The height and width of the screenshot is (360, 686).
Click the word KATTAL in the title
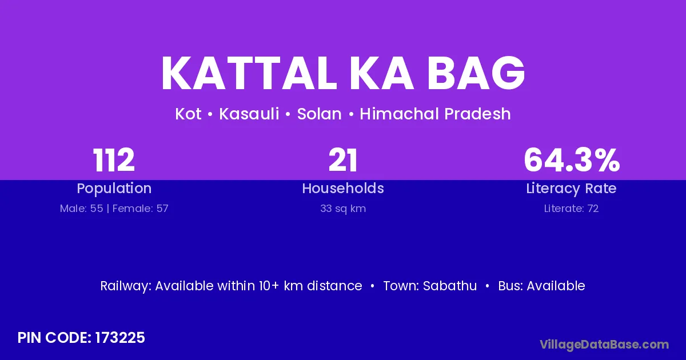249,73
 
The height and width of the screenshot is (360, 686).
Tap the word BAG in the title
476,73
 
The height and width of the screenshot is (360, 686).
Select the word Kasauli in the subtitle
249,114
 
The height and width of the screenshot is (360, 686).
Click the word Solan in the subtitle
319,114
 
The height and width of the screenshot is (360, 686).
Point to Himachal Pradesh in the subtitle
435,114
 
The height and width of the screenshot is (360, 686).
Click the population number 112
114,160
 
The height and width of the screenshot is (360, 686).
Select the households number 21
342,160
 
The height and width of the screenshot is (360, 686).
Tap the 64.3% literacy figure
572,160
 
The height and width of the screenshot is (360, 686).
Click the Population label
114,188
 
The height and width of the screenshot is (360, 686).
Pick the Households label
343,188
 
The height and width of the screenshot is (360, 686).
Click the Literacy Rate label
571,189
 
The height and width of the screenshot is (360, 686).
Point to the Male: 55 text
81,209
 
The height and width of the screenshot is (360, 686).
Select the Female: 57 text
140,209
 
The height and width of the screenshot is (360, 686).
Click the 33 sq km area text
343,209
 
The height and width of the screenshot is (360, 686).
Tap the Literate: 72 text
571,209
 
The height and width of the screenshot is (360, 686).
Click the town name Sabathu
449,286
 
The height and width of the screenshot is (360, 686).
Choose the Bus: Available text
541,286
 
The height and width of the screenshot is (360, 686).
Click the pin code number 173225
119,338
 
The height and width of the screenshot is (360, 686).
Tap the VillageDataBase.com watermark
604,345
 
